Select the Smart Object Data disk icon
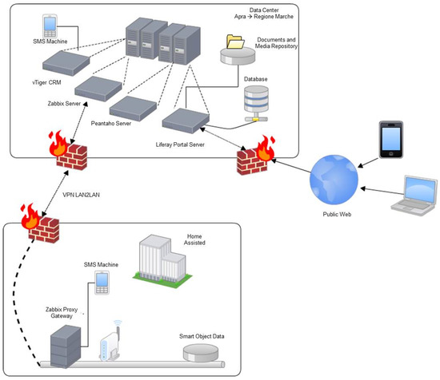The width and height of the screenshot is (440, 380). click(201, 350)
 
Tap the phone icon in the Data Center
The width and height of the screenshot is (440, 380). click(50, 25)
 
